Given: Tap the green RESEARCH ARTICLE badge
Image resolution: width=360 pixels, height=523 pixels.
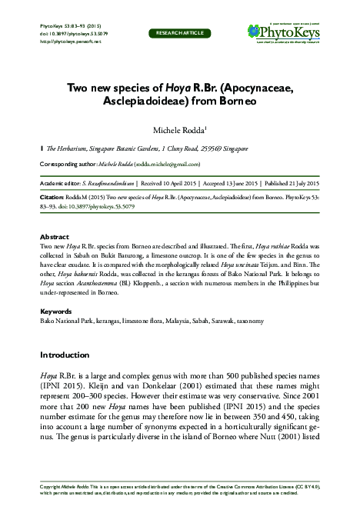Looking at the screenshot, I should point(180,34).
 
